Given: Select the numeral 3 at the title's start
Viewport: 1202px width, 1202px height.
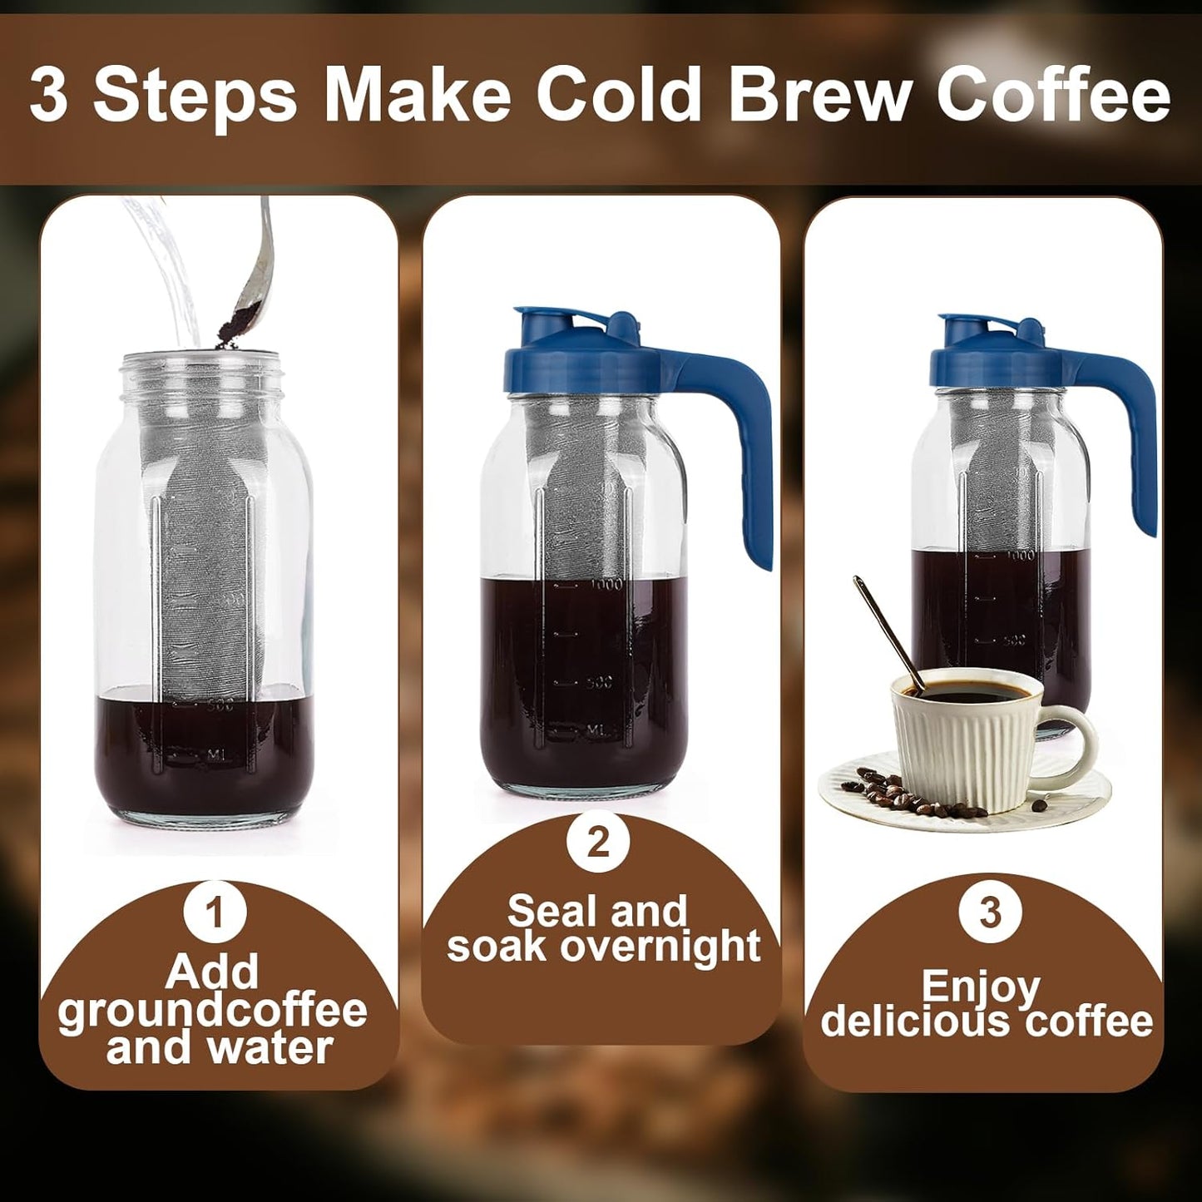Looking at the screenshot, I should tap(49, 95).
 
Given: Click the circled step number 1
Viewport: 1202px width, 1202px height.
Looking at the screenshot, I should tap(215, 912).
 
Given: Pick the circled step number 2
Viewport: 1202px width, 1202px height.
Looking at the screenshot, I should tap(598, 842).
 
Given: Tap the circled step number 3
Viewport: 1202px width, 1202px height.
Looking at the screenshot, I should tap(989, 912).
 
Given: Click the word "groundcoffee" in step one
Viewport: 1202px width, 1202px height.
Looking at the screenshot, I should tap(213, 1010).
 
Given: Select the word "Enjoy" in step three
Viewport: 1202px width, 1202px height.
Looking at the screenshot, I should tap(981, 987).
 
